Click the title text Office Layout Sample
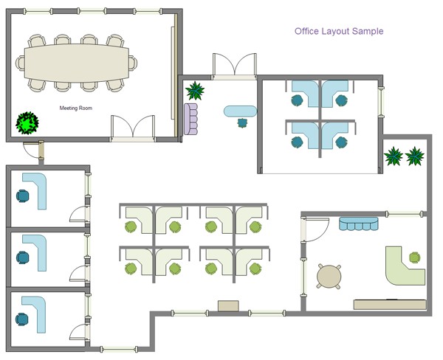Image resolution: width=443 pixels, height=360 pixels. pyautogui.click(x=339, y=32)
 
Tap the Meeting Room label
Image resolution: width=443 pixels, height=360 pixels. pyautogui.click(x=76, y=108)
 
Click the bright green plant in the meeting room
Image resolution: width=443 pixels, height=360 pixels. pyautogui.click(x=28, y=122)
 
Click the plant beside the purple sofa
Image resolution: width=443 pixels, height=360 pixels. pyautogui.click(x=196, y=91)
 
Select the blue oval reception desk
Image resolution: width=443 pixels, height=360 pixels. pyautogui.click(x=240, y=111)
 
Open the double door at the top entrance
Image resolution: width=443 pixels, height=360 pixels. pyautogui.click(x=234, y=66)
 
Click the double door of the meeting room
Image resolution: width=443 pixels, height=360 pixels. pyautogui.click(x=133, y=129)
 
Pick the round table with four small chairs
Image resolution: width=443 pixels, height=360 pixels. pyautogui.click(x=329, y=276)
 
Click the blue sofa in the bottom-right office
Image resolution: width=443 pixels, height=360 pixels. pyautogui.click(x=358, y=223)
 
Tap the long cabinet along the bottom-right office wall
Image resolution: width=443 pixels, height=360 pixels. pyautogui.click(x=389, y=304)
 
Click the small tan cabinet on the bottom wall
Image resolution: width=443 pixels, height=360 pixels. pyautogui.click(x=228, y=305)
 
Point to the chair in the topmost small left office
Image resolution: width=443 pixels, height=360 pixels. pyautogui.click(x=23, y=196)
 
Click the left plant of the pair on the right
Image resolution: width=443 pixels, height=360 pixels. pyautogui.click(x=394, y=156)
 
